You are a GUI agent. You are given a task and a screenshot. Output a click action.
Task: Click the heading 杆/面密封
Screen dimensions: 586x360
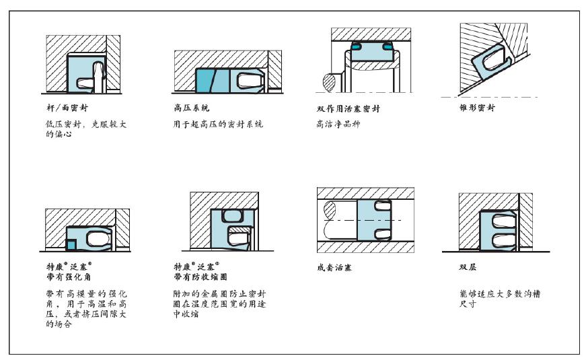[x=67, y=108]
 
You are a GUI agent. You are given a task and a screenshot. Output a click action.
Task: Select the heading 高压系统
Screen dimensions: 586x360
[x=191, y=108]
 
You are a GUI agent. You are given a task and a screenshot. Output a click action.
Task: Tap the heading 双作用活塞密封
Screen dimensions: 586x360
[x=349, y=109]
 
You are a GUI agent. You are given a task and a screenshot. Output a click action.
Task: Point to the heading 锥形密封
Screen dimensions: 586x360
[x=477, y=108]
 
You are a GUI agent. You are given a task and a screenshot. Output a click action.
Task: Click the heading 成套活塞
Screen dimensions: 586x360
[x=334, y=268]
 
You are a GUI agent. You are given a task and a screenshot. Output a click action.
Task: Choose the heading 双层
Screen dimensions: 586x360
[x=468, y=267]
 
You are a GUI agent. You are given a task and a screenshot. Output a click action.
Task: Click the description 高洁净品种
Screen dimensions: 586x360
[x=338, y=124]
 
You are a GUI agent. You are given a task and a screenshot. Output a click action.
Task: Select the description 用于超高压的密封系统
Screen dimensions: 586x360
[x=218, y=124]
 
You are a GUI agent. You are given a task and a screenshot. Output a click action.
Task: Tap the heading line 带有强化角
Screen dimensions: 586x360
[x=69, y=277]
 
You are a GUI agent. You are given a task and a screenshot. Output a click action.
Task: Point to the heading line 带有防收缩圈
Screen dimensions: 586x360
[x=200, y=277]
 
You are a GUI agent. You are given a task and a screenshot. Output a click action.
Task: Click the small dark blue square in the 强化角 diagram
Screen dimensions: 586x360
[x=71, y=245]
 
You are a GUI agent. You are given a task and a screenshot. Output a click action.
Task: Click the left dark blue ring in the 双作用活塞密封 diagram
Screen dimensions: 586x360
[x=356, y=46]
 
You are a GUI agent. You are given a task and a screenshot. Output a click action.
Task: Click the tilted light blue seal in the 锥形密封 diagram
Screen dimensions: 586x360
[x=490, y=61]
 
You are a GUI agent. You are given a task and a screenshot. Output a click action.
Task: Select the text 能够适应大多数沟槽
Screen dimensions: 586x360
[x=500, y=294]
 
